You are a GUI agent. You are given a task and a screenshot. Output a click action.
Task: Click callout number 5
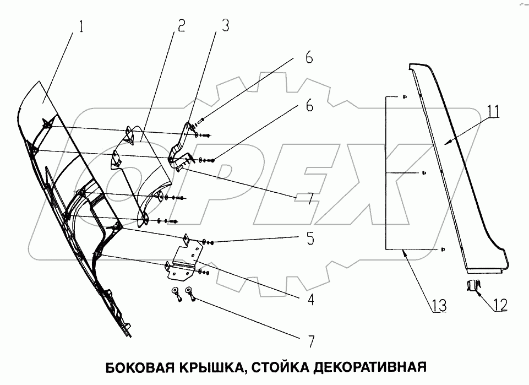point(310,239)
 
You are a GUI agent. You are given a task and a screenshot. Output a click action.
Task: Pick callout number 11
point(493,112)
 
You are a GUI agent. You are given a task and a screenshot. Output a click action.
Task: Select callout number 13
point(439,305)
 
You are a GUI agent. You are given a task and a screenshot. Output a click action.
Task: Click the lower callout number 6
point(309,106)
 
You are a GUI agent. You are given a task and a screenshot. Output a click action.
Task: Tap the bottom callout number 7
point(310,341)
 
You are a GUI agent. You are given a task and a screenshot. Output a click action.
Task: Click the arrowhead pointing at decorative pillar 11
point(448,143)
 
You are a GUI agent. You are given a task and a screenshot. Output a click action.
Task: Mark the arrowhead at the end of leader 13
point(405,251)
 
